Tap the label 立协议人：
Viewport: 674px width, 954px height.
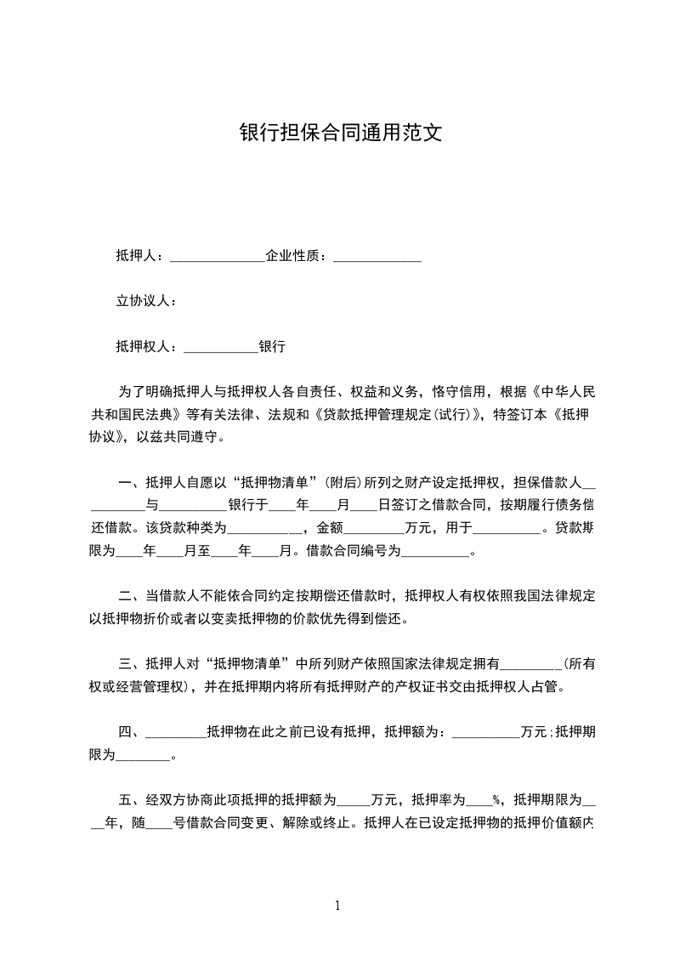point(145,301)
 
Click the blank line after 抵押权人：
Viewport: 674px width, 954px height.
point(220,347)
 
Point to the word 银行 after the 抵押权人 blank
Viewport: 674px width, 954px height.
point(272,347)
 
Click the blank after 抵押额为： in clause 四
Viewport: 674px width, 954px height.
point(485,732)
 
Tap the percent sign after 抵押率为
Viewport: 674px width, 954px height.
point(496,800)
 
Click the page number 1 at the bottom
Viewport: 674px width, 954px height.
point(337,906)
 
